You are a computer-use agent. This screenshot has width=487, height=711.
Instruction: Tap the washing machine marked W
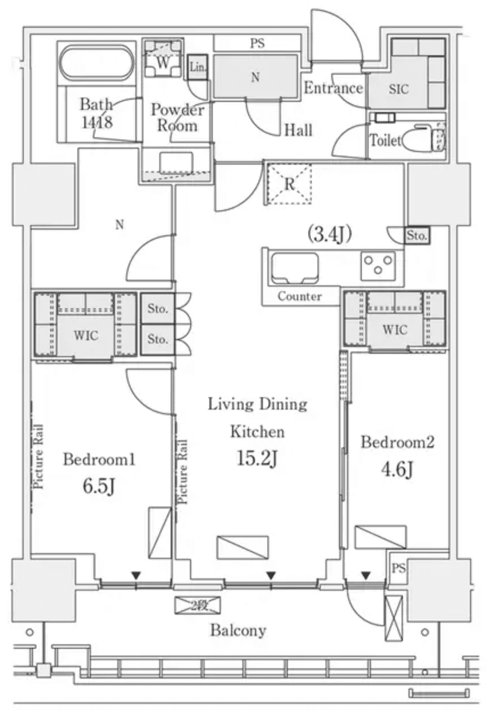pyautogui.click(x=163, y=63)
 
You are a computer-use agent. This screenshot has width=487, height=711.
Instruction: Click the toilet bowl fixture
pyautogui.click(x=422, y=137)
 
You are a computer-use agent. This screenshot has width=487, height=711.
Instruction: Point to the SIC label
pyautogui.click(x=398, y=89)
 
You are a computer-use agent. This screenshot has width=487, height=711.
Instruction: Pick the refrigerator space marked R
pyautogui.click(x=290, y=183)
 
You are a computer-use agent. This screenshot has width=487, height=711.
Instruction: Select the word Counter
pyautogui.click(x=299, y=296)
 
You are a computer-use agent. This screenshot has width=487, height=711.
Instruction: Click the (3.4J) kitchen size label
pyautogui.click(x=328, y=234)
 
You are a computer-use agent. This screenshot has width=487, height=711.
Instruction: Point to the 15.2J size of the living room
pyautogui.click(x=257, y=458)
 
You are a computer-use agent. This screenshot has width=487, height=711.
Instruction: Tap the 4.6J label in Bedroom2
pyautogui.click(x=396, y=469)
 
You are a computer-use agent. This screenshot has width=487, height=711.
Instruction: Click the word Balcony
pyautogui.click(x=238, y=630)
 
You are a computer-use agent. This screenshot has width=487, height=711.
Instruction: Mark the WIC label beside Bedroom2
pyautogui.click(x=395, y=329)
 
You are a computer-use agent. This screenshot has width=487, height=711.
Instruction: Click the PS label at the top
pyautogui.click(x=257, y=43)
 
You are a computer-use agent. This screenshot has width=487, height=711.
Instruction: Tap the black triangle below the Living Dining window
pyautogui.click(x=271, y=575)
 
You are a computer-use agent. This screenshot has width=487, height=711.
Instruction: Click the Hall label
pyautogui.click(x=298, y=130)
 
